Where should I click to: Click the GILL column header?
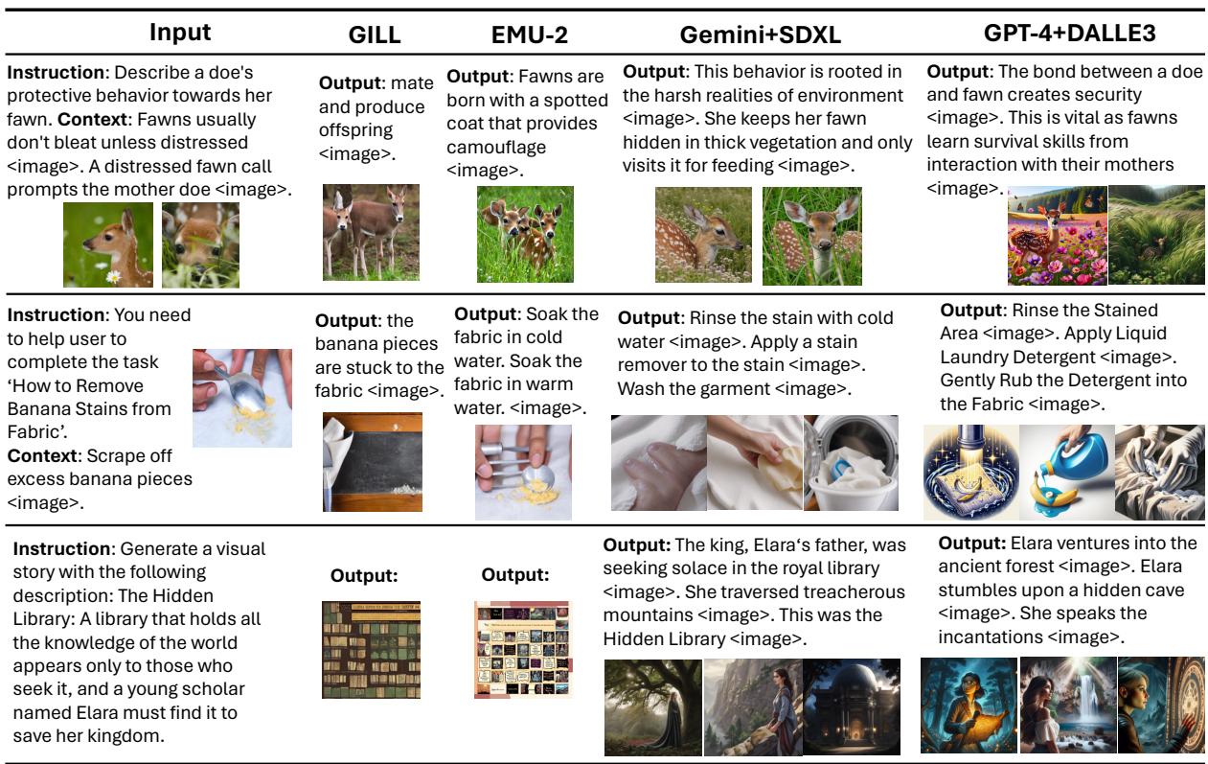[375, 35]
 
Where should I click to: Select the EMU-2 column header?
[529, 35]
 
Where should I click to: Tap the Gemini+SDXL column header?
[761, 35]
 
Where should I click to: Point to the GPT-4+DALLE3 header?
[1069, 33]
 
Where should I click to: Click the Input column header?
[179, 33]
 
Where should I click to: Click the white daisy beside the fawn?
[114, 277]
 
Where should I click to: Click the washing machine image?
[851, 462]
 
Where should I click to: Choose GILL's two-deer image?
[371, 232]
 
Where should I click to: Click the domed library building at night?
[852, 706]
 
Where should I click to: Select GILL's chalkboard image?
[372, 462]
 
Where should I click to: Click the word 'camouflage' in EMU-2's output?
[496, 148]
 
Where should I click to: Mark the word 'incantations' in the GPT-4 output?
[991, 637]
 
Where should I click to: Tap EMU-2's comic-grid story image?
[522, 650]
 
